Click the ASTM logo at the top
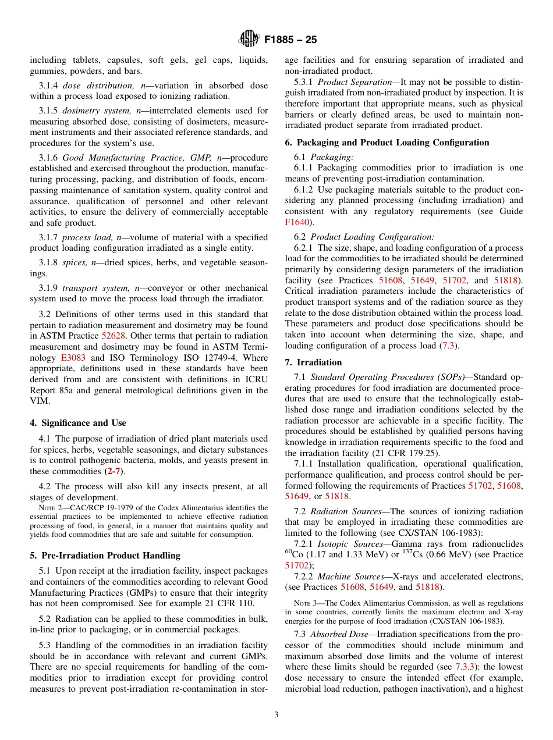coord(250,40)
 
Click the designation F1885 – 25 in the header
coord(290,40)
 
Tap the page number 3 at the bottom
coord(276,715)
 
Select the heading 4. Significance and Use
coord(78,423)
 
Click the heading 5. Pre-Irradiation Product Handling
coord(105,556)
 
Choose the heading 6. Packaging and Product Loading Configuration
coord(387,143)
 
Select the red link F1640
coord(296,222)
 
